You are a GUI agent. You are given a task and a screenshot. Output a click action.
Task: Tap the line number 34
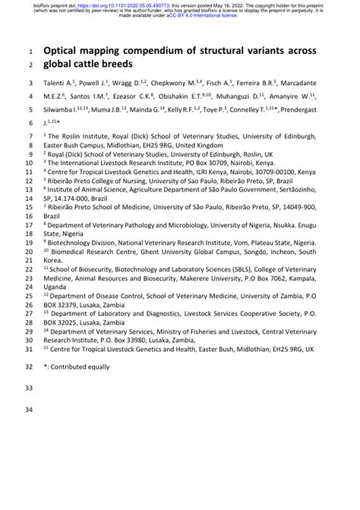point(30,411)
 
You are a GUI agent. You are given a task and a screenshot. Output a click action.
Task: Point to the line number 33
point(30,387)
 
